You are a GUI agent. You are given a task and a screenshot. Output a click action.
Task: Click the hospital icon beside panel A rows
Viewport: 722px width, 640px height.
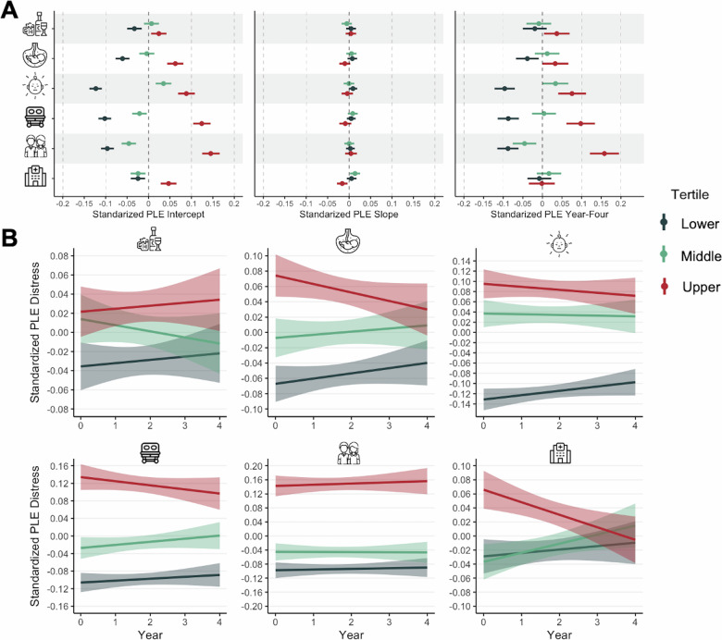point(35,178)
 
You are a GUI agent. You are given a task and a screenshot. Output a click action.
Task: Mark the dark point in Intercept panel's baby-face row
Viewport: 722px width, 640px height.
point(94,88)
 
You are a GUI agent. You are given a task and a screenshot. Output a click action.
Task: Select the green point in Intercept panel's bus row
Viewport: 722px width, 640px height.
point(139,114)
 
